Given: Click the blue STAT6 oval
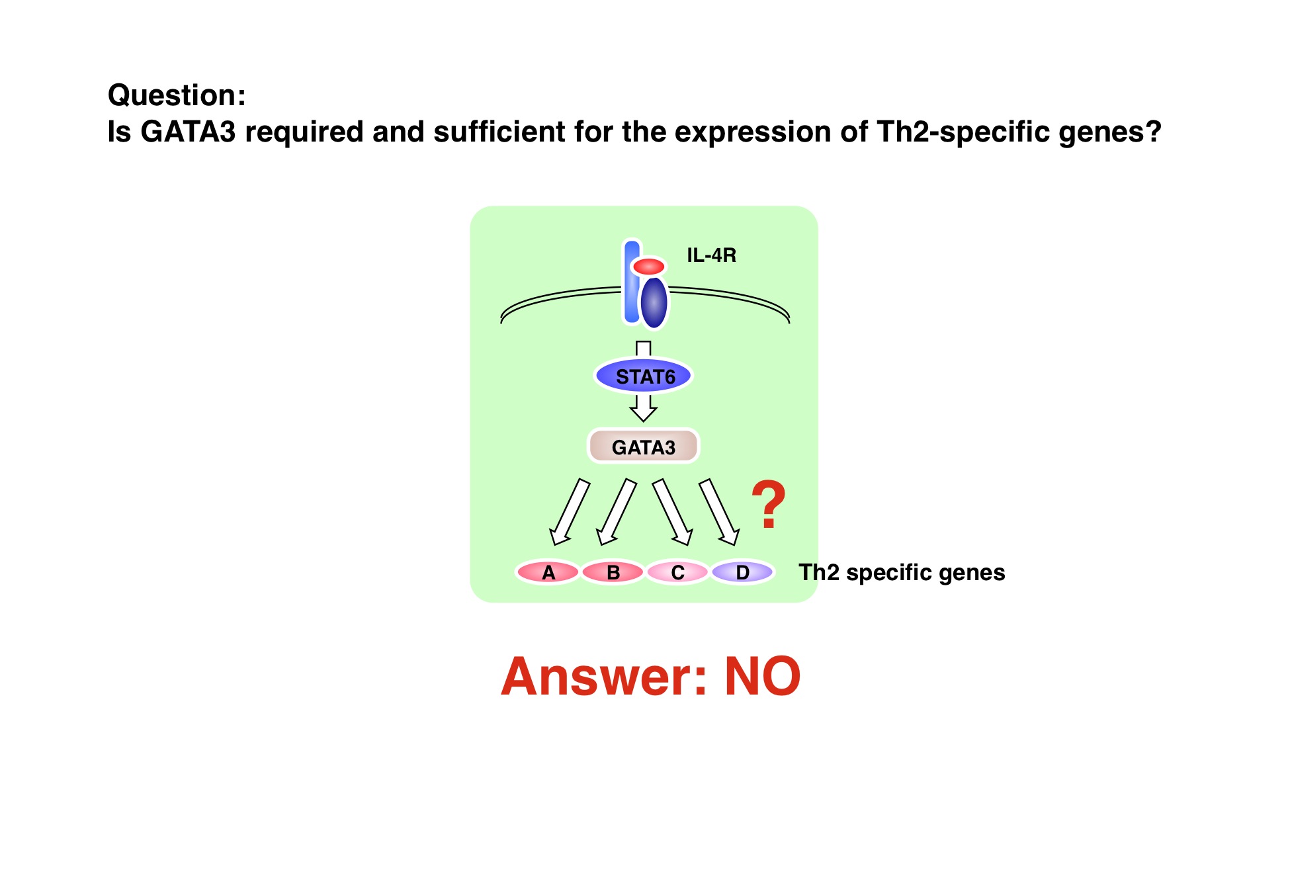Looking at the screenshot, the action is tap(643, 376).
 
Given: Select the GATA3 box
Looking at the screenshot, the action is tap(643, 446).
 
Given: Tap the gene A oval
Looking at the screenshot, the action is tap(548, 572).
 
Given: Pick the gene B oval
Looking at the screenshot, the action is tap(613, 572).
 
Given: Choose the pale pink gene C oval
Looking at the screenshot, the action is tap(677, 572).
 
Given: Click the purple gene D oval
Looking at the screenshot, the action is tap(742, 572).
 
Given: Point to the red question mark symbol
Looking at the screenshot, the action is tap(768, 505).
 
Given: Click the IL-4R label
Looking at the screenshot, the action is tap(711, 255).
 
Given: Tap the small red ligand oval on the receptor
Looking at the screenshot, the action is tap(648, 267).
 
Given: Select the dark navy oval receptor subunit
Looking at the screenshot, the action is tap(654, 302).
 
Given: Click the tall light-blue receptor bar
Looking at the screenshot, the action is tap(632, 282).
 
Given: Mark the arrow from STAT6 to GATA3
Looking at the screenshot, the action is tap(643, 407).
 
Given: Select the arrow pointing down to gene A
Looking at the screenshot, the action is tap(570, 512).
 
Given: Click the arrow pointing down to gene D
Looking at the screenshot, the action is tap(719, 512).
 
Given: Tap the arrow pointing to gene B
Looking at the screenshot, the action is tap(617, 512).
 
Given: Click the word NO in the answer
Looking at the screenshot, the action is tap(763, 677).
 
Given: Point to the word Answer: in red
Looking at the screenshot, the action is tap(604, 677).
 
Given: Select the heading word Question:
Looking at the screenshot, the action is tap(177, 95).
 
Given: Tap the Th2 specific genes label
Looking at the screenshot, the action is tap(902, 573).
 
